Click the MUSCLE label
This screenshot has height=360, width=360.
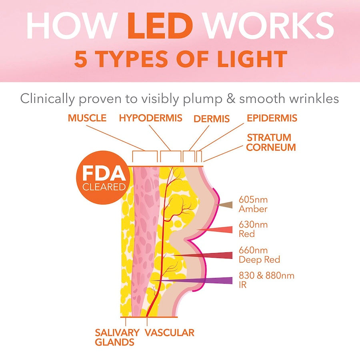(87, 118)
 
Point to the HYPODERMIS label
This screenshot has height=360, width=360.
(151, 118)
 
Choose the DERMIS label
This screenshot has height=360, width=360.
(212, 118)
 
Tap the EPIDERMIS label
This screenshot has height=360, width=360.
(272, 118)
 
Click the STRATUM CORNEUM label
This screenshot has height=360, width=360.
(271, 142)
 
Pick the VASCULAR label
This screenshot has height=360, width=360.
(170, 332)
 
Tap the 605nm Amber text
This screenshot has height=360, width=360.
(253, 204)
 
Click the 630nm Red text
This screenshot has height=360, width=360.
(253, 229)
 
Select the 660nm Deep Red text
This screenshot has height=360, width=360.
(259, 255)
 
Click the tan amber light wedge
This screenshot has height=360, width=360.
(226, 205)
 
